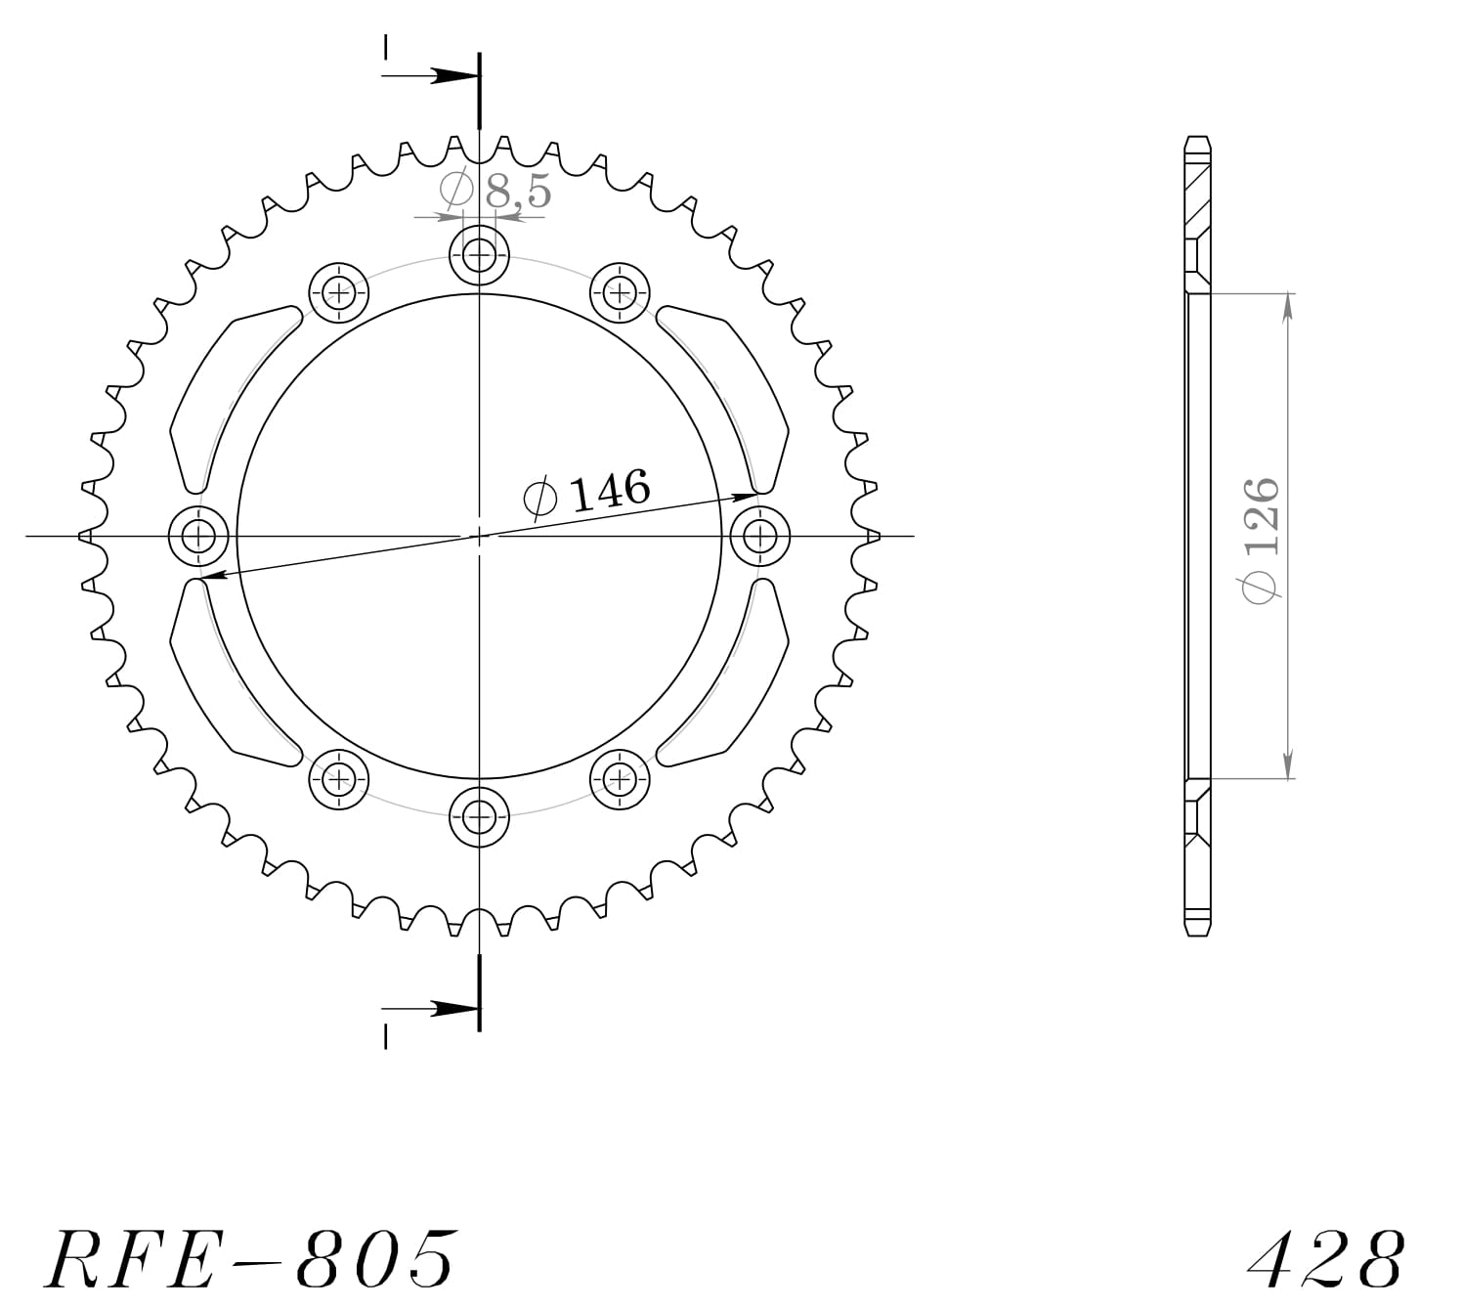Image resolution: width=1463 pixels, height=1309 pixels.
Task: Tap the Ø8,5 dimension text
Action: click(496, 190)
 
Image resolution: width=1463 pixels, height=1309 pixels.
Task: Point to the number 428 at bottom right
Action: click(1327, 1258)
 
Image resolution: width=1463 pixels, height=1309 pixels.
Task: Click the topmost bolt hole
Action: click(479, 258)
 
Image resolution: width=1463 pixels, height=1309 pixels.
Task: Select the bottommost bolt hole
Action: click(479, 814)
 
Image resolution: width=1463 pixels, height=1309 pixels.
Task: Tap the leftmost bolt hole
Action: click(199, 536)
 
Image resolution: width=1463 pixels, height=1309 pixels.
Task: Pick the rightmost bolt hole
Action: click(759, 536)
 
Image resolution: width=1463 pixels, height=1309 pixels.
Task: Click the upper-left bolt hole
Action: click(339, 291)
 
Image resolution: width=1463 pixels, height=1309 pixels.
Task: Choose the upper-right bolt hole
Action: click(620, 291)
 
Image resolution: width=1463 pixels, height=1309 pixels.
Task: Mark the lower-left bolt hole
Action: click(339, 779)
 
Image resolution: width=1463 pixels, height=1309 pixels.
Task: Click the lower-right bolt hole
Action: click(620, 779)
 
